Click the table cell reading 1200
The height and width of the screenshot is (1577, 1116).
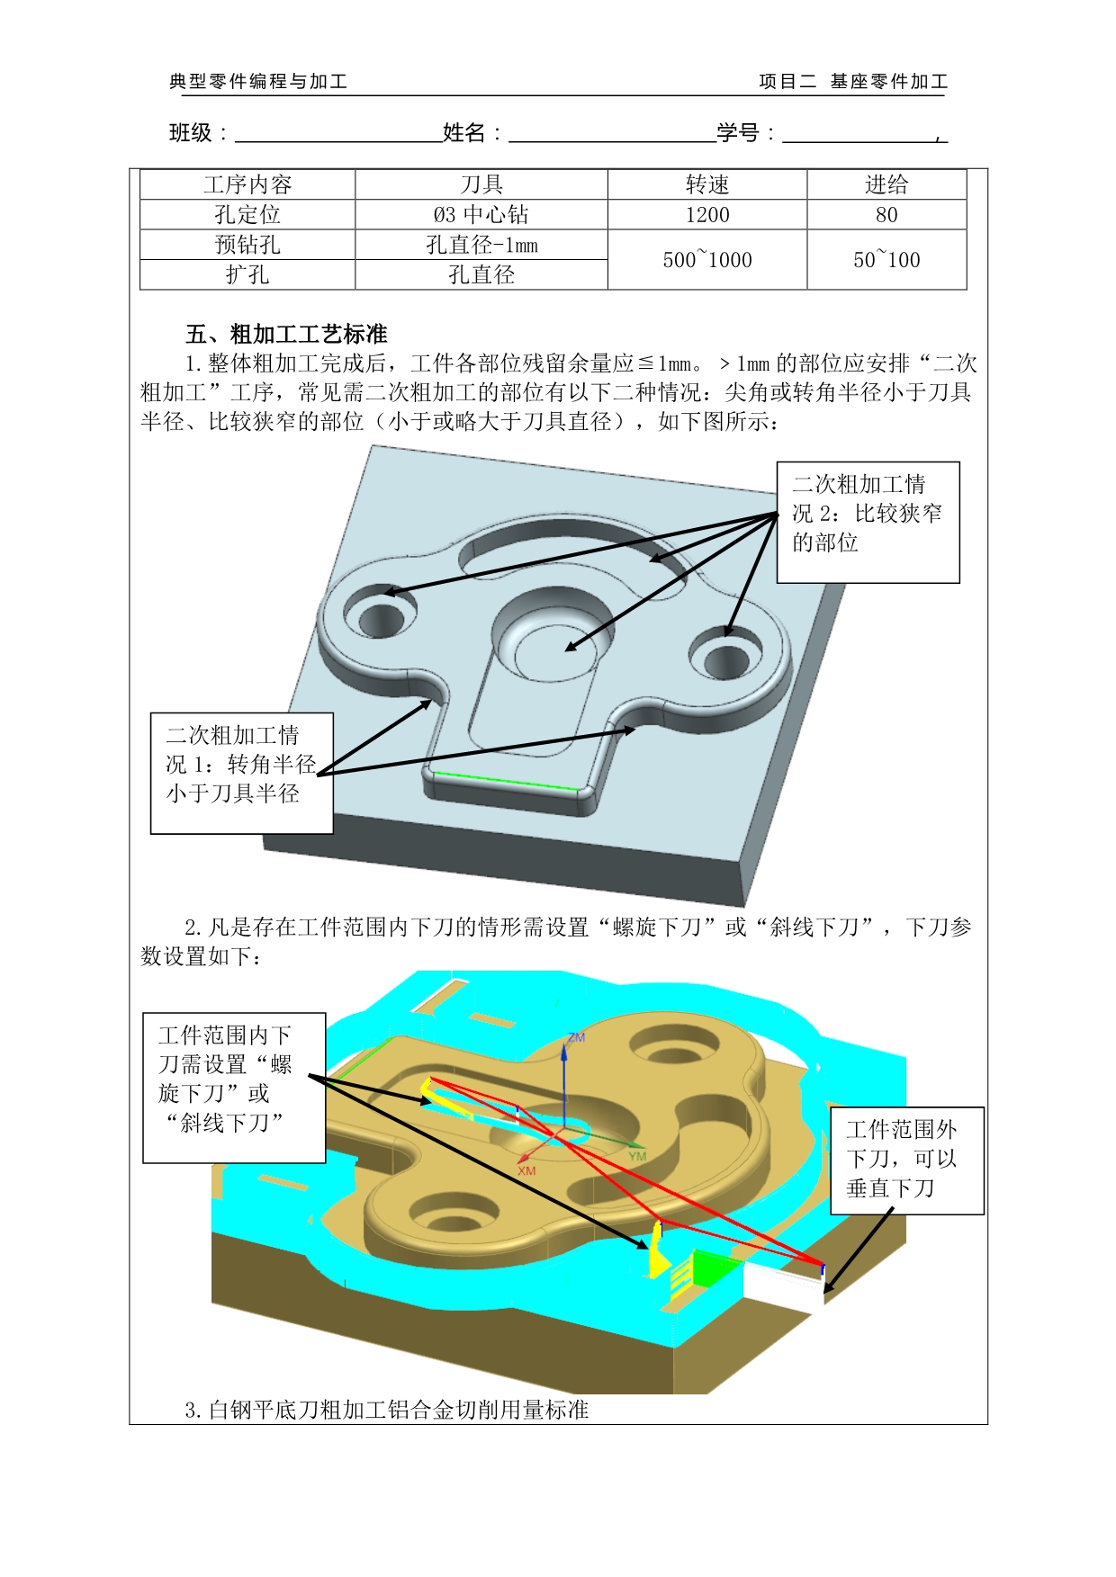[706, 214]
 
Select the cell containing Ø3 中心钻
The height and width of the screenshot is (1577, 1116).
[481, 214]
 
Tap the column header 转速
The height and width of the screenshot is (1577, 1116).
[706, 184]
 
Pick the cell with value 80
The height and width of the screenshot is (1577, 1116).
[886, 214]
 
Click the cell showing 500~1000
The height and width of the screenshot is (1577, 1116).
[706, 259]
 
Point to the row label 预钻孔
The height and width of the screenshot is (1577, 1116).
[247, 245]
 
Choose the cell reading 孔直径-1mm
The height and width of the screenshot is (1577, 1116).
[481, 245]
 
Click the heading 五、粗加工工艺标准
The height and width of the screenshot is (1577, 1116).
[286, 335]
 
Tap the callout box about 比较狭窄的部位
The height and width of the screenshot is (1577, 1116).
[868, 523]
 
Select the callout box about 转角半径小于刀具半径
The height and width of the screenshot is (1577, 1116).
[241, 774]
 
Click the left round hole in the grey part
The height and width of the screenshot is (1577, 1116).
[382, 618]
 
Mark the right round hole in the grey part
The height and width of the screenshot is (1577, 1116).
[726, 661]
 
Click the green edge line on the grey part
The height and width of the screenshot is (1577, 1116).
[507, 780]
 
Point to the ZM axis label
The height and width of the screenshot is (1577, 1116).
[576, 1037]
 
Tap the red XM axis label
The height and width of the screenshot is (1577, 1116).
[526, 1170]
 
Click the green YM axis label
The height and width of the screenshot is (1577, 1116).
[637, 1156]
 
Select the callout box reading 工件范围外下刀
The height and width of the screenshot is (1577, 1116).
[906, 1161]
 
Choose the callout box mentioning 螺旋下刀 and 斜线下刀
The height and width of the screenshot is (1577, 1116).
[234, 1088]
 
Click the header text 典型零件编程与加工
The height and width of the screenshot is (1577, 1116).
[258, 82]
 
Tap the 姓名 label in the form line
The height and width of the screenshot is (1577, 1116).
[464, 133]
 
